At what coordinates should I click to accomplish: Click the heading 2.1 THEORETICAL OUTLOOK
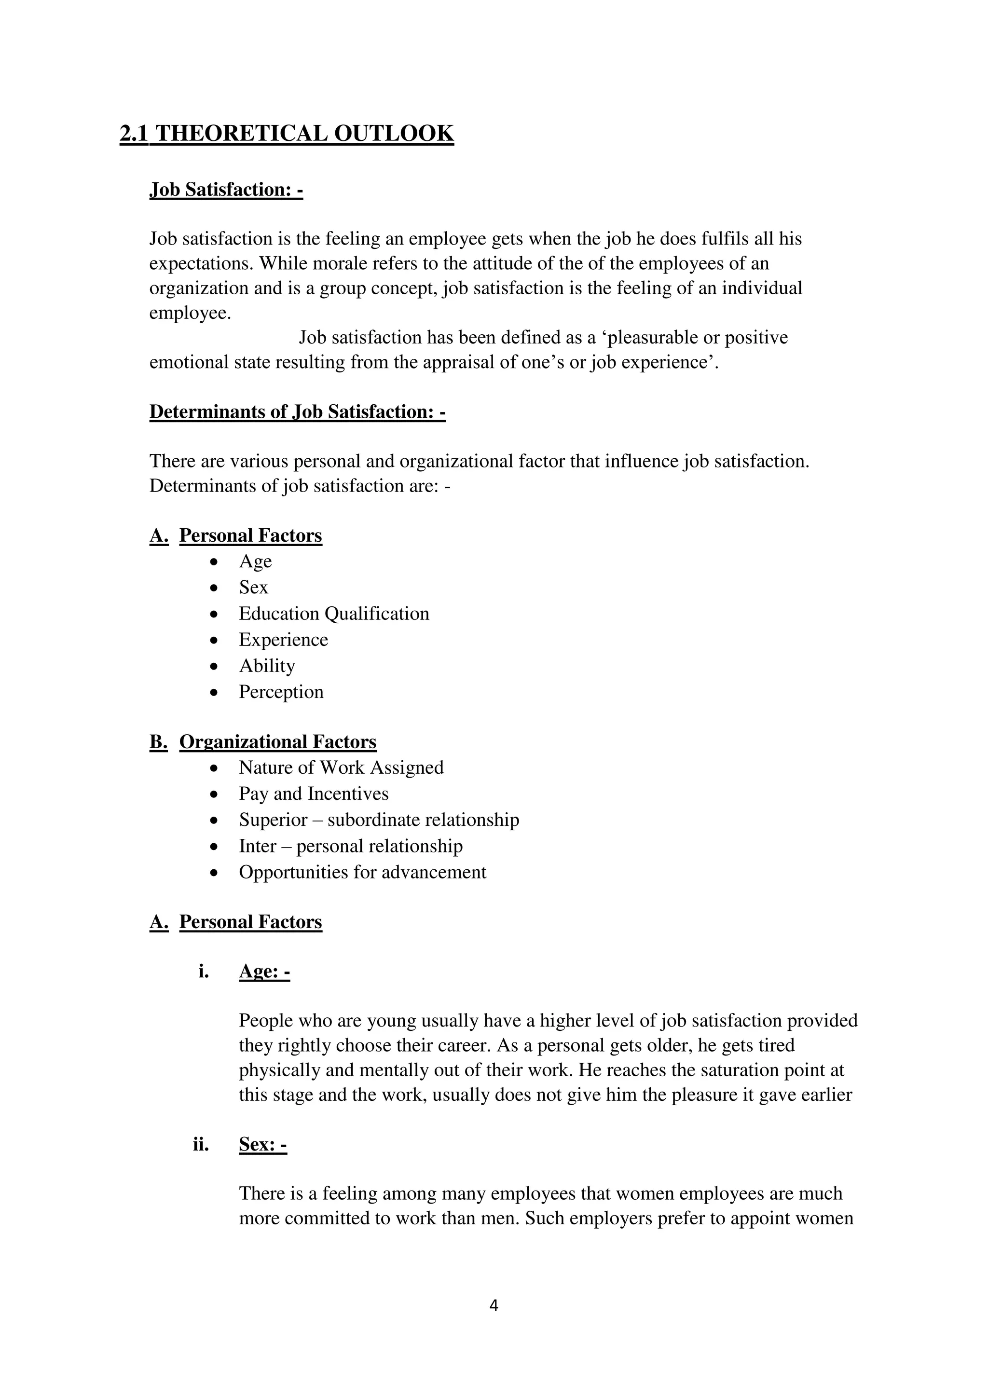click(287, 133)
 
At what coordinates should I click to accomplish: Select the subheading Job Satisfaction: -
click(226, 190)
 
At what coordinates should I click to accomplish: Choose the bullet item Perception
click(281, 692)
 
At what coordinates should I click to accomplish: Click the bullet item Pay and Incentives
click(313, 794)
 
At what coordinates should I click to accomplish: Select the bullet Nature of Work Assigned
click(341, 767)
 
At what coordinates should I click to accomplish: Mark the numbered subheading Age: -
click(264, 971)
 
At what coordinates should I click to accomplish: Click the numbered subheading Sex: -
click(263, 1145)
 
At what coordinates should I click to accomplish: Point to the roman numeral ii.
click(201, 1145)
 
